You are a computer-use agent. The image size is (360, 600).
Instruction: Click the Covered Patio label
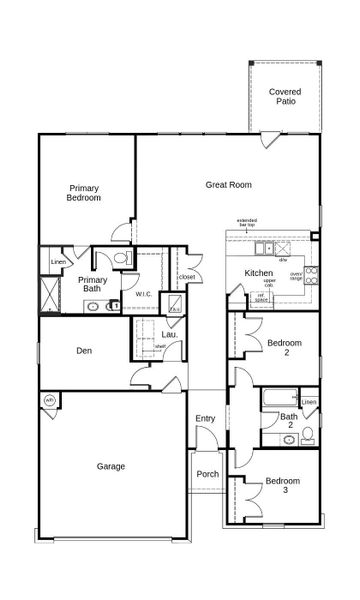click(x=284, y=96)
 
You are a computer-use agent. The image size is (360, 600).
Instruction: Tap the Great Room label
click(x=228, y=184)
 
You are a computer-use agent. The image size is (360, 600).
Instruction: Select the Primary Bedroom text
click(x=84, y=193)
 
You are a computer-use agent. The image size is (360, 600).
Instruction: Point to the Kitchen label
click(x=259, y=273)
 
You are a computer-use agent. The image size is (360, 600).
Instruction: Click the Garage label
click(x=111, y=465)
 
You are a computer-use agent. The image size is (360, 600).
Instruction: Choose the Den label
click(x=85, y=351)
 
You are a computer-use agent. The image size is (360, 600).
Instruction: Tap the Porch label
click(x=207, y=474)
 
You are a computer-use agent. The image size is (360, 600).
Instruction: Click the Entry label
click(x=205, y=418)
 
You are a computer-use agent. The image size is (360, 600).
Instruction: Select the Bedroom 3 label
click(x=282, y=486)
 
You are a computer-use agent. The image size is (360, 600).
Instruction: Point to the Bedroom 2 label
click(x=285, y=348)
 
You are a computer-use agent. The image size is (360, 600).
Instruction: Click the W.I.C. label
click(x=144, y=295)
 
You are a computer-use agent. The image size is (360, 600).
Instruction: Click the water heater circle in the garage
click(x=49, y=401)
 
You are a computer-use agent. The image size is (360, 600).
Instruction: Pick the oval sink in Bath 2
click(x=271, y=436)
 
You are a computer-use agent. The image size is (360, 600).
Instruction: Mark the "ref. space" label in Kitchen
click(x=261, y=296)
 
